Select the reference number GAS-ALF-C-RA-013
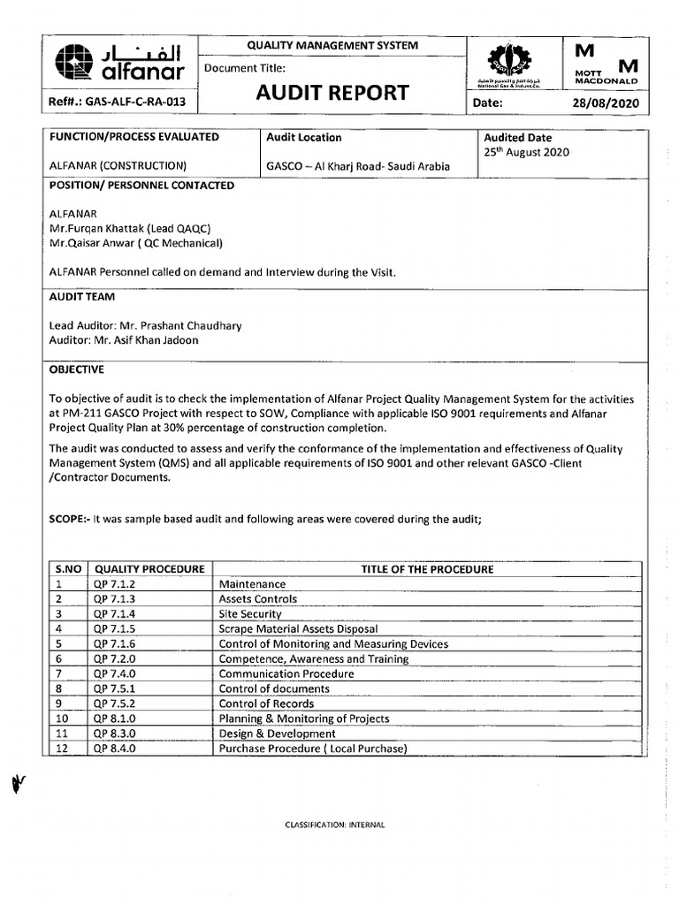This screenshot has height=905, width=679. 119,103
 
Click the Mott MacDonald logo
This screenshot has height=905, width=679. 607,64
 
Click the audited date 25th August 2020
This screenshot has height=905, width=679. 526,152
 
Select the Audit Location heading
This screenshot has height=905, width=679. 304,138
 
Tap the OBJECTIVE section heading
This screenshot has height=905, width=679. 76,369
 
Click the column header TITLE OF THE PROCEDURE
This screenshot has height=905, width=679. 427,569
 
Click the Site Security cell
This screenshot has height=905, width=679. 250,614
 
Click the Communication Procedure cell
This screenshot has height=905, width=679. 286,674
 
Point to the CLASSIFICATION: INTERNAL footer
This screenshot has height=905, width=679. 334,825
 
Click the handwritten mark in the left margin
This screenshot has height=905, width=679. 15,782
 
